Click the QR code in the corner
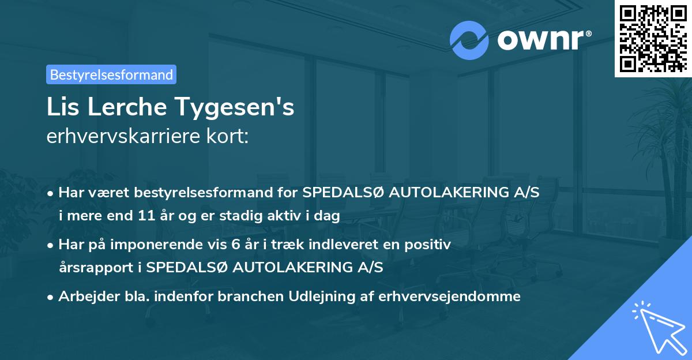(653, 39)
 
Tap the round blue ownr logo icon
(469, 40)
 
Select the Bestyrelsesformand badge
(111, 74)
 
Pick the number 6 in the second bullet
(235, 245)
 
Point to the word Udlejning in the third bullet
(326, 297)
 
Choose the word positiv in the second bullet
(430, 245)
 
